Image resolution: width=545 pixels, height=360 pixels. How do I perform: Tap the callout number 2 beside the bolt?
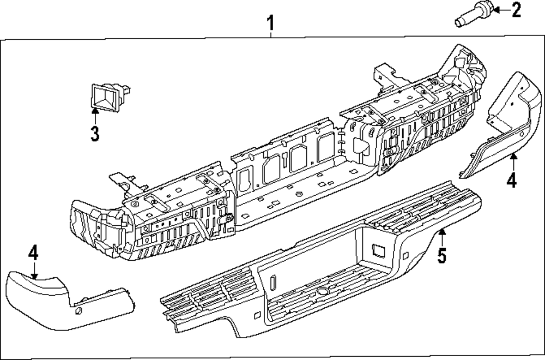point(516,10)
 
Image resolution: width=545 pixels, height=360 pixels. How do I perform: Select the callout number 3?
point(95,133)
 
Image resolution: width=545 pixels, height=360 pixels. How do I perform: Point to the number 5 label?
point(443,255)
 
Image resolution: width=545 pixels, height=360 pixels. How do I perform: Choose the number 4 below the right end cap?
point(511,179)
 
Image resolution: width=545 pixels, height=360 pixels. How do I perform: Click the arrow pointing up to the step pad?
point(443,236)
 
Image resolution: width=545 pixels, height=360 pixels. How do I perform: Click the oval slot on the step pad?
point(273,282)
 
